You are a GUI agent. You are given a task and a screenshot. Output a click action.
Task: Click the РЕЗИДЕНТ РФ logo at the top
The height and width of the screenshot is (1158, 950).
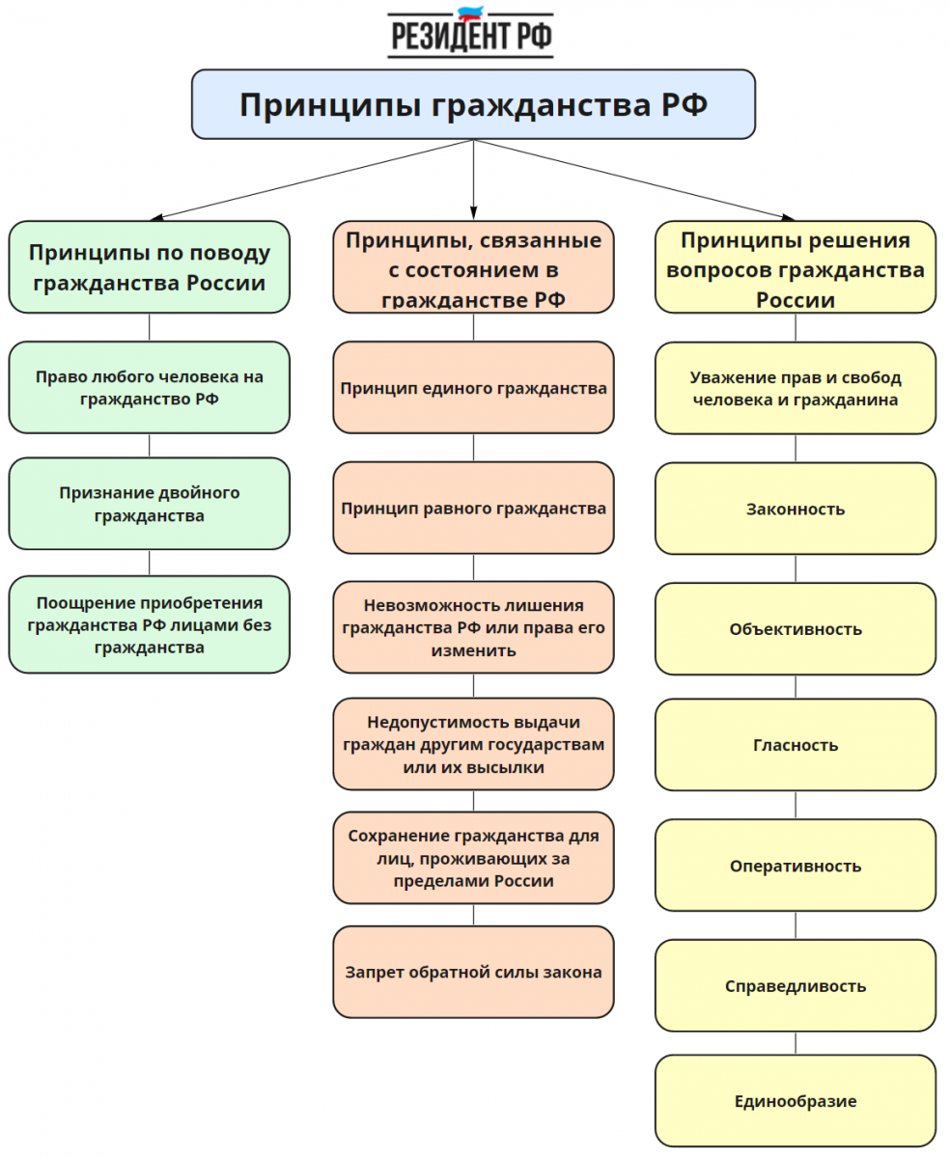[471, 33]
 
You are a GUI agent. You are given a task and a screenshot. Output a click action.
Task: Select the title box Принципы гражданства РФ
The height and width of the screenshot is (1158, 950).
[473, 104]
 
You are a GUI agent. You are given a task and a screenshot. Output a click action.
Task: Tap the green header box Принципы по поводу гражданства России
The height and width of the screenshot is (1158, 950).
[149, 267]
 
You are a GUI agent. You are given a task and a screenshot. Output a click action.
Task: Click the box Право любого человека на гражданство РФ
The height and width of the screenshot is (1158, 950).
[149, 387]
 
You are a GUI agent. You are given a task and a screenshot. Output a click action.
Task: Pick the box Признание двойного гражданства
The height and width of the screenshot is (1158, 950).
[149, 504]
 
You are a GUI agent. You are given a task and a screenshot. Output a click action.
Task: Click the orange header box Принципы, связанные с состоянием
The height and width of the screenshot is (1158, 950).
[473, 267]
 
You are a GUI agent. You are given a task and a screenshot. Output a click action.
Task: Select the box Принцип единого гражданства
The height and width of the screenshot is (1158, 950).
[473, 388]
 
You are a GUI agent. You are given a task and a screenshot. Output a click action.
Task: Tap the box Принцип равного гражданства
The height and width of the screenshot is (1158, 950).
[473, 509]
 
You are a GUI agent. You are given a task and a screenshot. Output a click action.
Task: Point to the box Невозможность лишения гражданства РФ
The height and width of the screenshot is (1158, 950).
[473, 627]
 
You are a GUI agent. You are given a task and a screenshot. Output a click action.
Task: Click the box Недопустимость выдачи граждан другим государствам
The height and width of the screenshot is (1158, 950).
[473, 744]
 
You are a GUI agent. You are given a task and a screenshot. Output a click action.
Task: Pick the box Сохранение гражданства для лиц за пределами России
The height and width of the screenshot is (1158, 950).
[473, 858]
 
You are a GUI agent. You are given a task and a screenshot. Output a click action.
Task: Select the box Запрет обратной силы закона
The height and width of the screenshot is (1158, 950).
[473, 972]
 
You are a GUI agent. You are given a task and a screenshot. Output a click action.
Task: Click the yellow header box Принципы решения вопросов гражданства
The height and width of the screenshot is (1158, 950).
[796, 267]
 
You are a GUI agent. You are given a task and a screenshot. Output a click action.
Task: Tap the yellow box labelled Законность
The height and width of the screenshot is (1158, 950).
[796, 509]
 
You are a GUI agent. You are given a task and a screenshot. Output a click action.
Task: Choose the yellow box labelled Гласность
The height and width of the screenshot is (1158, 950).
[796, 745]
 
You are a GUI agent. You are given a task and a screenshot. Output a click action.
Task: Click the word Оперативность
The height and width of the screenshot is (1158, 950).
[796, 866]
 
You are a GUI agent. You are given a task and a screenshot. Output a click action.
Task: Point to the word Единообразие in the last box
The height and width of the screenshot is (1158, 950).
[796, 1101]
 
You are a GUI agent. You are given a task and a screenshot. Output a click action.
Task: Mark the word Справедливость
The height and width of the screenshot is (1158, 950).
[796, 986]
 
